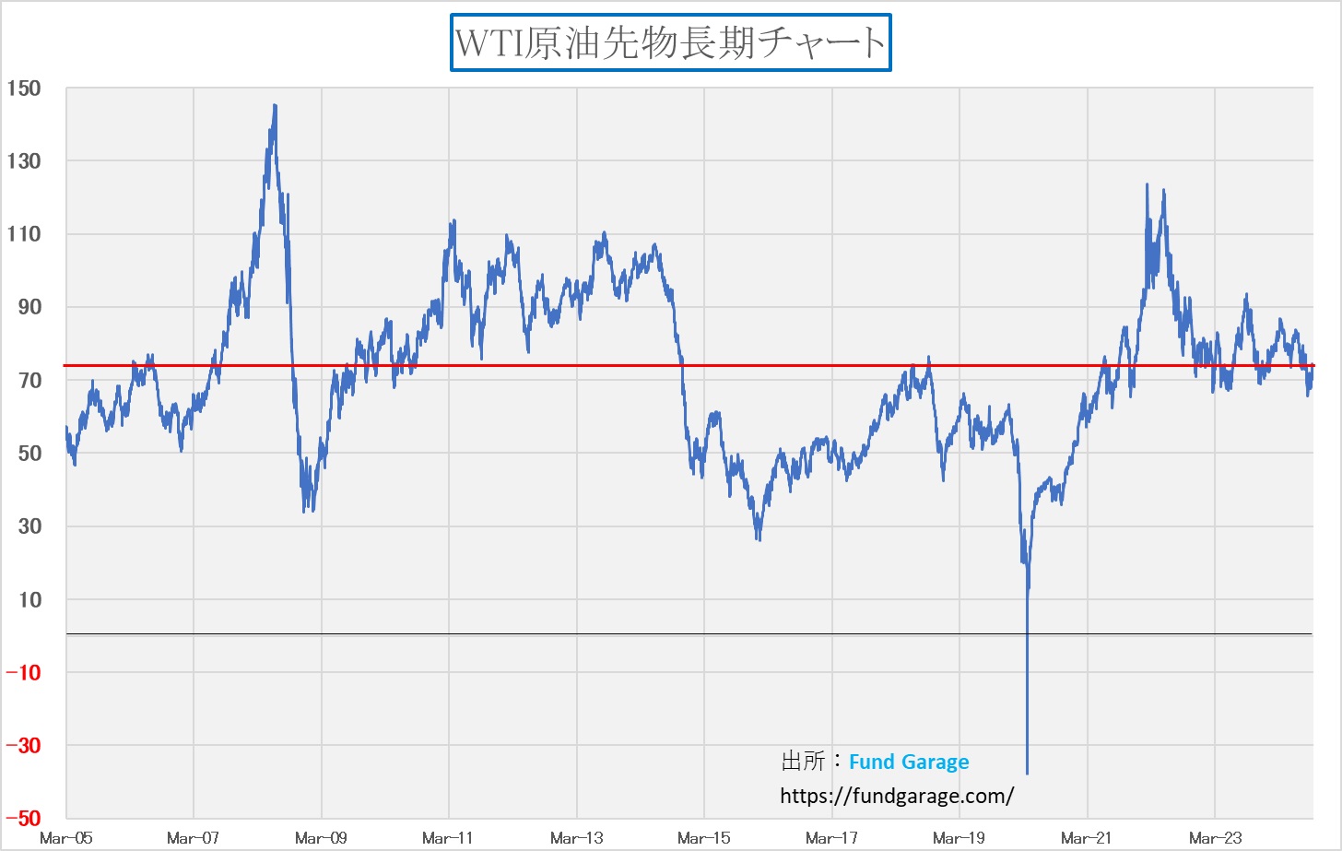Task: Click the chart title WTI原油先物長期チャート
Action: (x=670, y=42)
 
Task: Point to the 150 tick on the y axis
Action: (x=24, y=89)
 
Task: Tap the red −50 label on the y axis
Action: (x=23, y=818)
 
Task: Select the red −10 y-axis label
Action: (x=23, y=672)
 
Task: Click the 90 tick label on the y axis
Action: (x=29, y=307)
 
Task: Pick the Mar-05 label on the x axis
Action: (x=66, y=838)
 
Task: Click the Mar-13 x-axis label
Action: (x=576, y=838)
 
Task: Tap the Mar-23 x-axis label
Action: (x=1215, y=838)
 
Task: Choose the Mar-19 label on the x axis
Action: (x=959, y=838)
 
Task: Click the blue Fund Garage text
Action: (x=909, y=762)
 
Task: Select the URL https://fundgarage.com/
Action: (x=897, y=796)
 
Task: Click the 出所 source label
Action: (x=803, y=762)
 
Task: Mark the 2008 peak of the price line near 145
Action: (x=275, y=106)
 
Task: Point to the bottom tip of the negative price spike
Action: (x=1027, y=773)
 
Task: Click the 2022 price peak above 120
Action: (x=1147, y=184)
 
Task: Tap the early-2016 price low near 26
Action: (x=759, y=539)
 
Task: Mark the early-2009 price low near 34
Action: (x=305, y=511)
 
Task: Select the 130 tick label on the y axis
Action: (x=24, y=161)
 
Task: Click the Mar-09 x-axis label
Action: (x=321, y=838)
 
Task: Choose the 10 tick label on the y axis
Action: (x=29, y=599)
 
